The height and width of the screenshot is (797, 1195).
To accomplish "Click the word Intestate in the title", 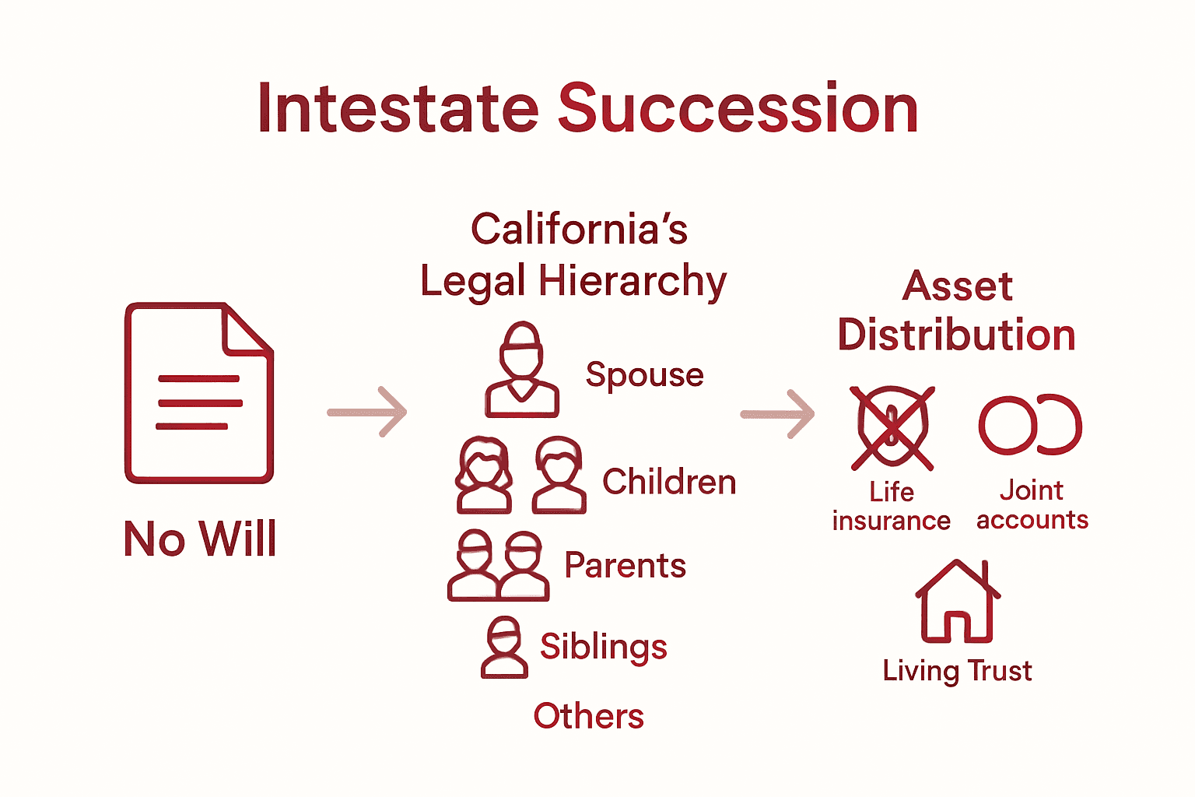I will (x=398, y=108).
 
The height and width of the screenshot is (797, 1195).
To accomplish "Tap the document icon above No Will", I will (x=198, y=393).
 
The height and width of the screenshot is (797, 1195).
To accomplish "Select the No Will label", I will (x=200, y=539).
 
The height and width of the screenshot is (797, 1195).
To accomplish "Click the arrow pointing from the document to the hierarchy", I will (x=367, y=411).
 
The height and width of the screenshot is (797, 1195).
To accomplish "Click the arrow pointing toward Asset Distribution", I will (x=777, y=413).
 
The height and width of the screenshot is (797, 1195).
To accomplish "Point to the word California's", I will (x=579, y=229).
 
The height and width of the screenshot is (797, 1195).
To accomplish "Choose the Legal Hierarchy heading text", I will (x=573, y=281).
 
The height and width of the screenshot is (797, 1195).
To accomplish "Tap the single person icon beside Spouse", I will (x=522, y=370).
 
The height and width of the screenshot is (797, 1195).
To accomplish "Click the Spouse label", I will (x=644, y=375).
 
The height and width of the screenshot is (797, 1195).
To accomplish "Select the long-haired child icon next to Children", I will (x=484, y=475).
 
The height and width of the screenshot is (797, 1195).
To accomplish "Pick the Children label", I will (x=669, y=482).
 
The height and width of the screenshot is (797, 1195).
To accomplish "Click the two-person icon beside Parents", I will (x=498, y=566).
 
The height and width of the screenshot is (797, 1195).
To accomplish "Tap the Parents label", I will (x=625, y=566).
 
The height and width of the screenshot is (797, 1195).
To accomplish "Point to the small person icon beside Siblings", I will (x=504, y=647).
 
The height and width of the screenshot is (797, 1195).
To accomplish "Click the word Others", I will (x=588, y=716).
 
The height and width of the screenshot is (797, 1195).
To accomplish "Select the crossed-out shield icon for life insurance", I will (x=892, y=427).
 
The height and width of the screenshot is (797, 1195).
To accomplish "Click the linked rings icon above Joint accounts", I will (x=1030, y=425).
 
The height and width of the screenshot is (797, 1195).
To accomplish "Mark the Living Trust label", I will (x=957, y=671).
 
